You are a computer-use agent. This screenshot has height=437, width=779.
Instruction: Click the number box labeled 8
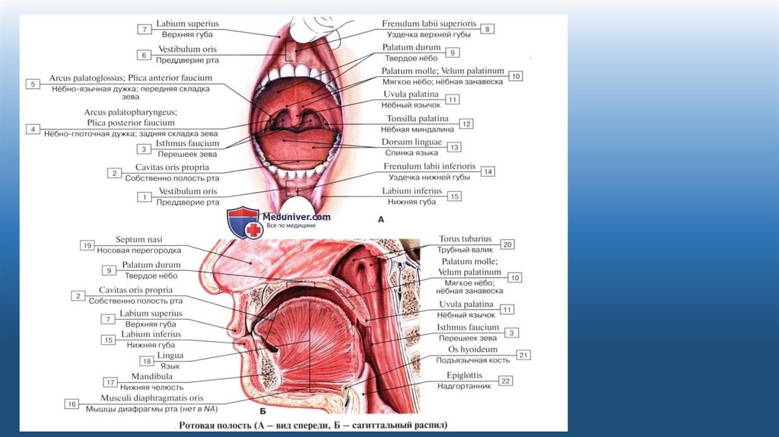(488, 29)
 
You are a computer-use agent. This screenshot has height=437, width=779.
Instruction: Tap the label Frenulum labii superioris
(429, 24)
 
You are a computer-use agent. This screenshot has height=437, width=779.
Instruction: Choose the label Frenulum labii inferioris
(430, 166)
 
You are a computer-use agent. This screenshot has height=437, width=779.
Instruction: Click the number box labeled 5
(32, 84)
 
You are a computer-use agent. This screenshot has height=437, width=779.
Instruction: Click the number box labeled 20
(507, 244)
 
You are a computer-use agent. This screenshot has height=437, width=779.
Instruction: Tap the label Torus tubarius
(466, 238)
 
